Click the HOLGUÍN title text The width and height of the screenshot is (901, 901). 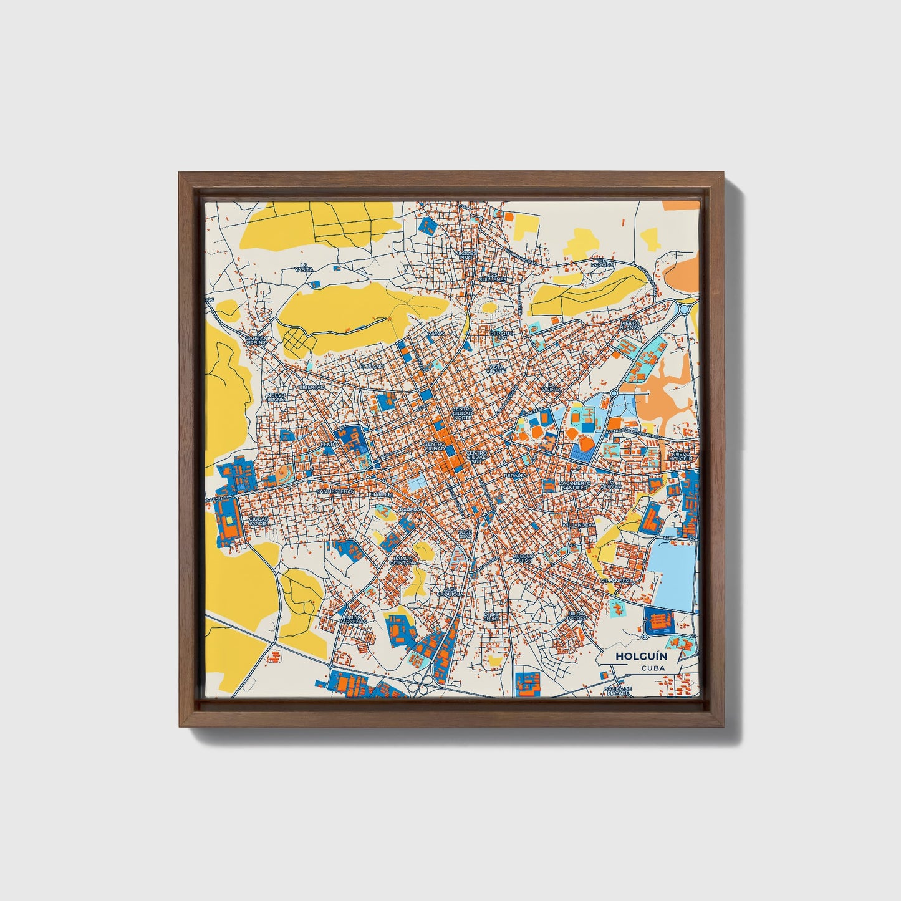click(x=633, y=656)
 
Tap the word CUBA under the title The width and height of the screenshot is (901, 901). click(x=652, y=668)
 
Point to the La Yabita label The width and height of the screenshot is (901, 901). click(x=304, y=268)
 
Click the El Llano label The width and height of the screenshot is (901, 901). click(x=372, y=367)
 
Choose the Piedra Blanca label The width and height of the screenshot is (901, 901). click(x=630, y=326)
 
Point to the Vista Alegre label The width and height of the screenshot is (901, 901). click(x=497, y=369)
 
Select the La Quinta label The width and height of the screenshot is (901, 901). click(x=552, y=387)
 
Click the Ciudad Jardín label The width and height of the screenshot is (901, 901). click(x=258, y=520)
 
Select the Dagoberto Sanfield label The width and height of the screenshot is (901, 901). click(x=574, y=485)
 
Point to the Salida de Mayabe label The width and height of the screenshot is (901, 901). click(x=618, y=690)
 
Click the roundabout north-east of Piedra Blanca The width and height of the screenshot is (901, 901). click(x=684, y=308)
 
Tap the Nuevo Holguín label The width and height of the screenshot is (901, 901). click(x=681, y=456)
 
